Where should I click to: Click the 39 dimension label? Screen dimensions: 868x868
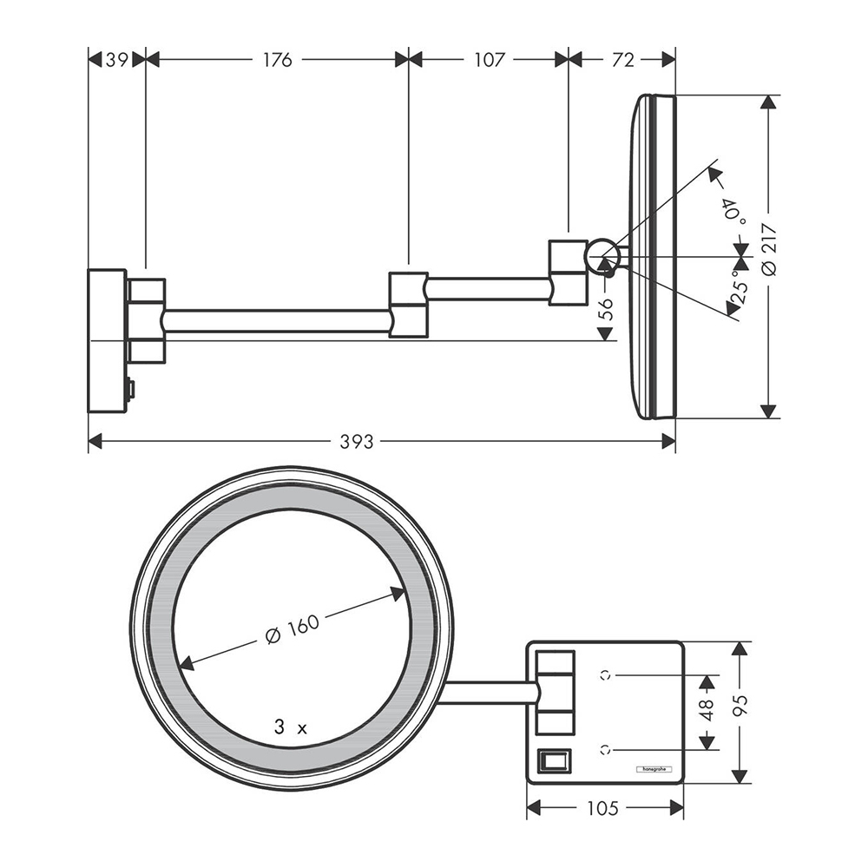tap(115, 59)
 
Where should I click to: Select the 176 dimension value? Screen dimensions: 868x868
tap(277, 59)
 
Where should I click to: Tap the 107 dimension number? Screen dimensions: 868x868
tap(490, 59)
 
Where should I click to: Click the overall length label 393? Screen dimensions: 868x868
tap(357, 442)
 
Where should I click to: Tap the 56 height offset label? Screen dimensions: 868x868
tap(606, 310)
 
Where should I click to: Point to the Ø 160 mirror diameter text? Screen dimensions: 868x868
tap(293, 629)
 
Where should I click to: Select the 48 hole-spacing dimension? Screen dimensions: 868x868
tap(707, 710)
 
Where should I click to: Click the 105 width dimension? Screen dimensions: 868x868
tap(602, 809)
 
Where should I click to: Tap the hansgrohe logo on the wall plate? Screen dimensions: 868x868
tap(657, 768)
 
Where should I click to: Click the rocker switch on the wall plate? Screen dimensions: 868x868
tap(555, 760)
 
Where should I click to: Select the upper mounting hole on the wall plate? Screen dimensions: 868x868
tap(604, 673)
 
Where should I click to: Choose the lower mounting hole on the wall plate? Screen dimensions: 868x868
tap(604, 747)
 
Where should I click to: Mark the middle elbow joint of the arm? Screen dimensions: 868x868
tap(408, 304)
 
